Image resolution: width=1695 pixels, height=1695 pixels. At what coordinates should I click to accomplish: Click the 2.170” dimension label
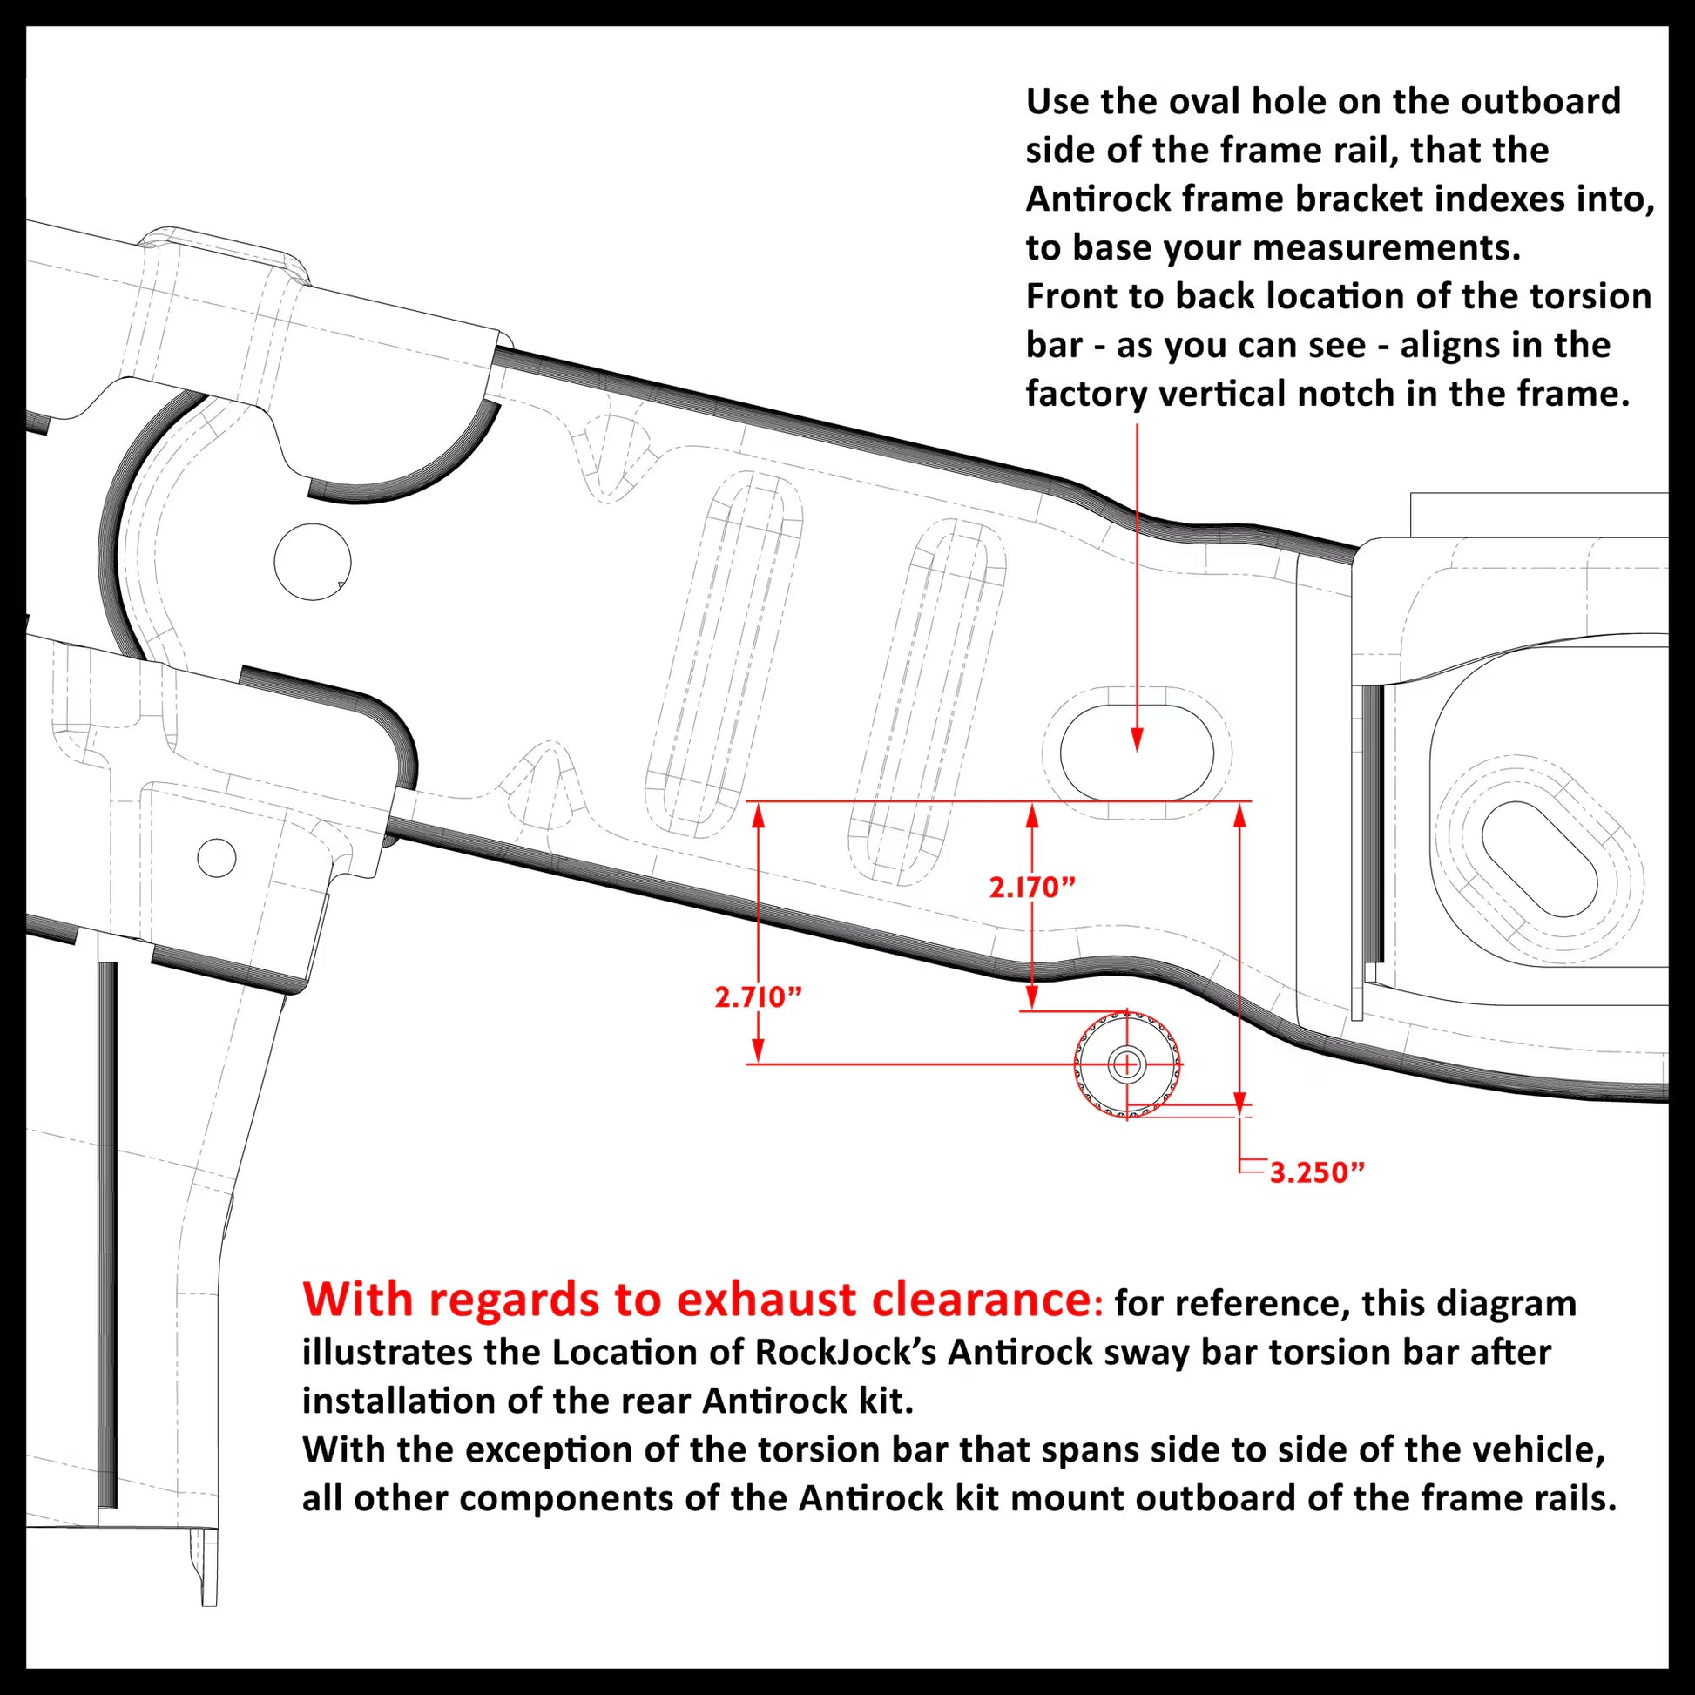pyautogui.click(x=1032, y=888)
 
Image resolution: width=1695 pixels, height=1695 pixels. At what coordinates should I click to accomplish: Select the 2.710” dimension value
pyautogui.click(x=758, y=997)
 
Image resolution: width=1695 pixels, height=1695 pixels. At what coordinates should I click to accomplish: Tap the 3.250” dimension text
pyautogui.click(x=1318, y=1172)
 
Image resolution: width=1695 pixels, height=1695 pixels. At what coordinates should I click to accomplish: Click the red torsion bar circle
pyautogui.click(x=1126, y=1065)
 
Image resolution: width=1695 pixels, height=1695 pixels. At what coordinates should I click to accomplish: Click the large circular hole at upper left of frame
pyautogui.click(x=313, y=562)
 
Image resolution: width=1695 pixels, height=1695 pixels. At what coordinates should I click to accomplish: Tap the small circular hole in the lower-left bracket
pyautogui.click(x=217, y=857)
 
